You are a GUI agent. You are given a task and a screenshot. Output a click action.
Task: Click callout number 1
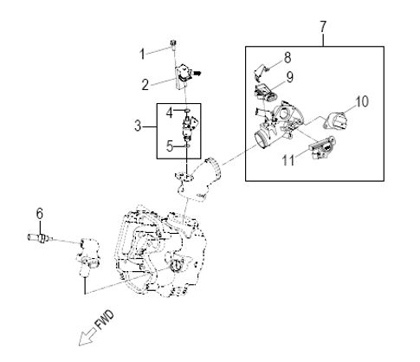point(142,54)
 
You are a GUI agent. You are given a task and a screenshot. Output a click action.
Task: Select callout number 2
point(145,85)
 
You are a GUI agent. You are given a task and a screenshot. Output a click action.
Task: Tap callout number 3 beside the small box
point(138,126)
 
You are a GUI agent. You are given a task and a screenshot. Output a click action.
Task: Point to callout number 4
point(170,113)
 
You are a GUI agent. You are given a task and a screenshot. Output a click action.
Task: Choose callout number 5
point(170,146)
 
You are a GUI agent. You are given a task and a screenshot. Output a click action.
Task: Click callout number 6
point(40,214)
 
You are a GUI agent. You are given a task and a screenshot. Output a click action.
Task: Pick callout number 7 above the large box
point(323,27)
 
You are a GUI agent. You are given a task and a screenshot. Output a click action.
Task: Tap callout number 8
point(288,58)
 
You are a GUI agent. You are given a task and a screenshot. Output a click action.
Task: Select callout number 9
point(290,77)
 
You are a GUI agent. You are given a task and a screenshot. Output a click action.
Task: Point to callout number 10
point(362,101)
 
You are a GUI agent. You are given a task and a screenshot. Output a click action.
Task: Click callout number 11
point(288,160)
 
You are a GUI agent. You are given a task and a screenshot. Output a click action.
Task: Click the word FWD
point(105,320)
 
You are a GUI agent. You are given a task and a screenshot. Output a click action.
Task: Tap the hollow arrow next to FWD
point(87,337)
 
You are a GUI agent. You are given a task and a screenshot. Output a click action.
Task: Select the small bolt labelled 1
point(173,45)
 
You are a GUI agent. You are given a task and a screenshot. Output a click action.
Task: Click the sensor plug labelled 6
point(41,237)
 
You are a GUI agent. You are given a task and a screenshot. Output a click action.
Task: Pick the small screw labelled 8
point(268,68)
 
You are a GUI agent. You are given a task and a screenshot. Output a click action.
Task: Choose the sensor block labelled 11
point(323,148)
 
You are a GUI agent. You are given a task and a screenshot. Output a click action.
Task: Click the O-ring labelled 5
point(187,146)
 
